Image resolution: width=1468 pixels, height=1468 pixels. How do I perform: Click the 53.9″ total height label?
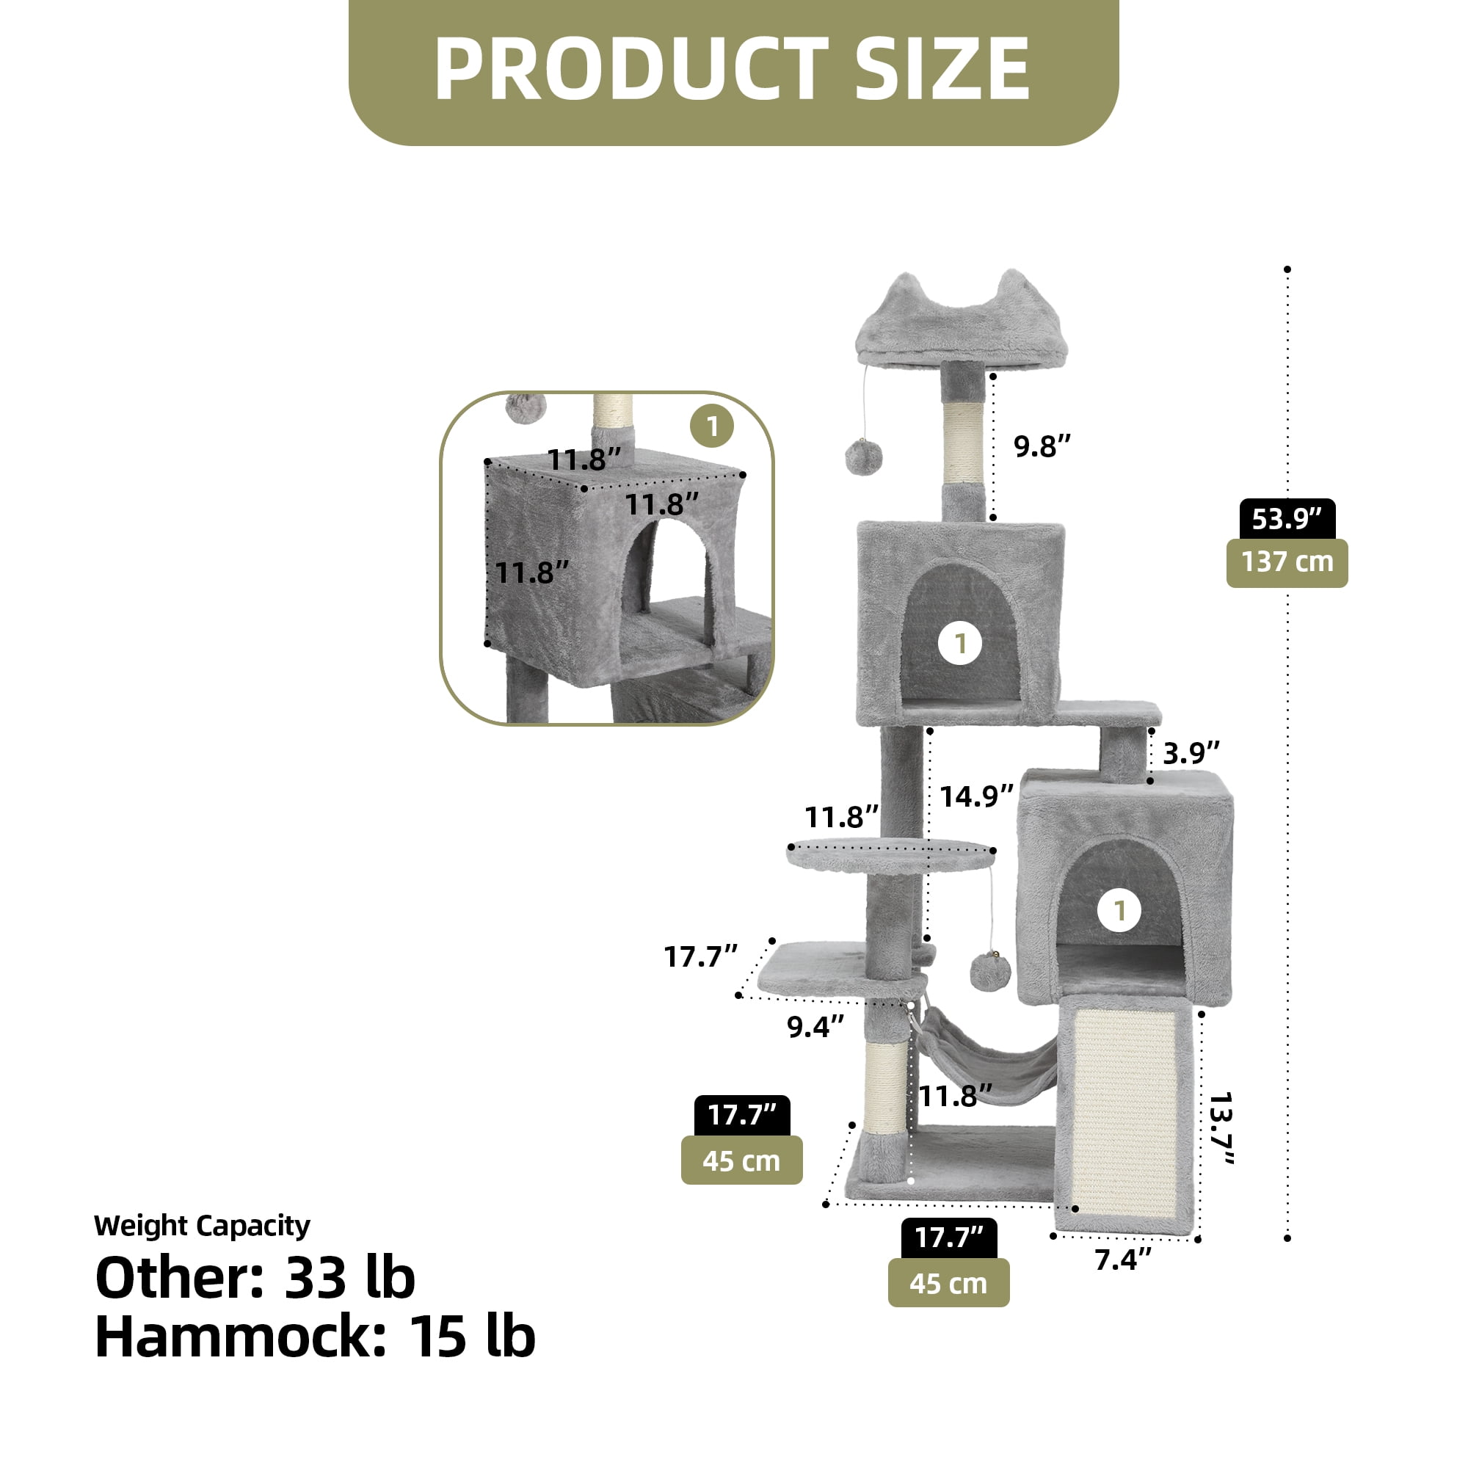pos(1287,519)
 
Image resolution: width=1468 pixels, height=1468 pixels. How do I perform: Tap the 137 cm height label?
pos(1287,563)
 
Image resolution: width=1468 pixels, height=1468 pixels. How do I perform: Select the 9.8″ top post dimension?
pos(1042,446)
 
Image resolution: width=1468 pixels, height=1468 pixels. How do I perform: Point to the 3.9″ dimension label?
pos(1191,753)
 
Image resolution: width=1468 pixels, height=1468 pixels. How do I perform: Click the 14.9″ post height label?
pos(976,796)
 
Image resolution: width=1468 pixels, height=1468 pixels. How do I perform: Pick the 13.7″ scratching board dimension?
pos(1222,1127)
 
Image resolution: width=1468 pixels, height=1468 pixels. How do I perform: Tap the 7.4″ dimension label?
pos(1123,1260)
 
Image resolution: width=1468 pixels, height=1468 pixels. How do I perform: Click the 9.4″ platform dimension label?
pos(815,1027)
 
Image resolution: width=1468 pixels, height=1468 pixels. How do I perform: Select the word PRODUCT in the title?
pos(631,69)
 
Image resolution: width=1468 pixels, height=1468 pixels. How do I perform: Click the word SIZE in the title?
pos(942,69)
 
